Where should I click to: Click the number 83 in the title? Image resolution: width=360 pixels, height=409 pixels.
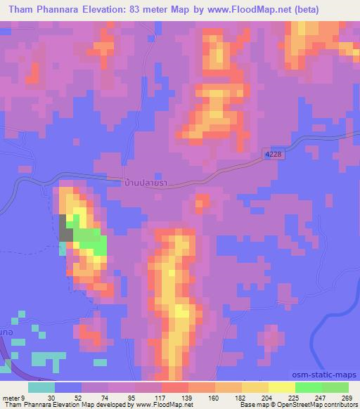tap(136, 11)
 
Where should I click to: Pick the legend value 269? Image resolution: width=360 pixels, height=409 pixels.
tap(346, 398)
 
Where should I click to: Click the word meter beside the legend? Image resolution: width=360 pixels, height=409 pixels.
tap(12, 398)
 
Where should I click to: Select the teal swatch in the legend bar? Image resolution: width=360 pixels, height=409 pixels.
tap(41, 387)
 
